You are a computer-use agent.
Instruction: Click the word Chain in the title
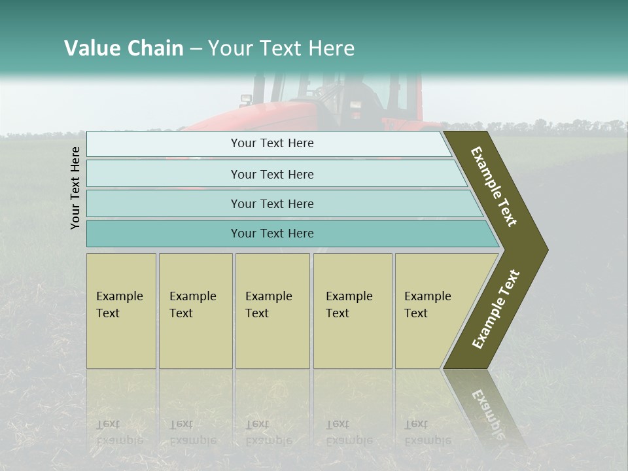coord(155,48)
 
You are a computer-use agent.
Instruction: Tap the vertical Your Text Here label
coord(75,188)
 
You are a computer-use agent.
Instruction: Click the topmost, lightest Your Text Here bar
coord(271,143)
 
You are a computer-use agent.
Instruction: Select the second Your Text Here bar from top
coord(271,174)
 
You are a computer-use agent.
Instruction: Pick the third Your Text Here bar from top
coord(271,203)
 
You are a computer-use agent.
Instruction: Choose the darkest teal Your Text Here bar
coord(271,234)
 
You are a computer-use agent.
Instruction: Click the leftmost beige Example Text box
coord(121,310)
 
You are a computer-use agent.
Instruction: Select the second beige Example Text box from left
coord(195,310)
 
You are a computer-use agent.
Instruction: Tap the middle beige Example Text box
coord(272,310)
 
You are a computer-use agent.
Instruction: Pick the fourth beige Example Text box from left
coord(352,310)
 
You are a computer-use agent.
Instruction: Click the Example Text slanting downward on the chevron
coord(494,186)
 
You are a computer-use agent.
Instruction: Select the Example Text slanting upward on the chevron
coord(496,309)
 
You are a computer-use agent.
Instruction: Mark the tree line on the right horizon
coord(576,126)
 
